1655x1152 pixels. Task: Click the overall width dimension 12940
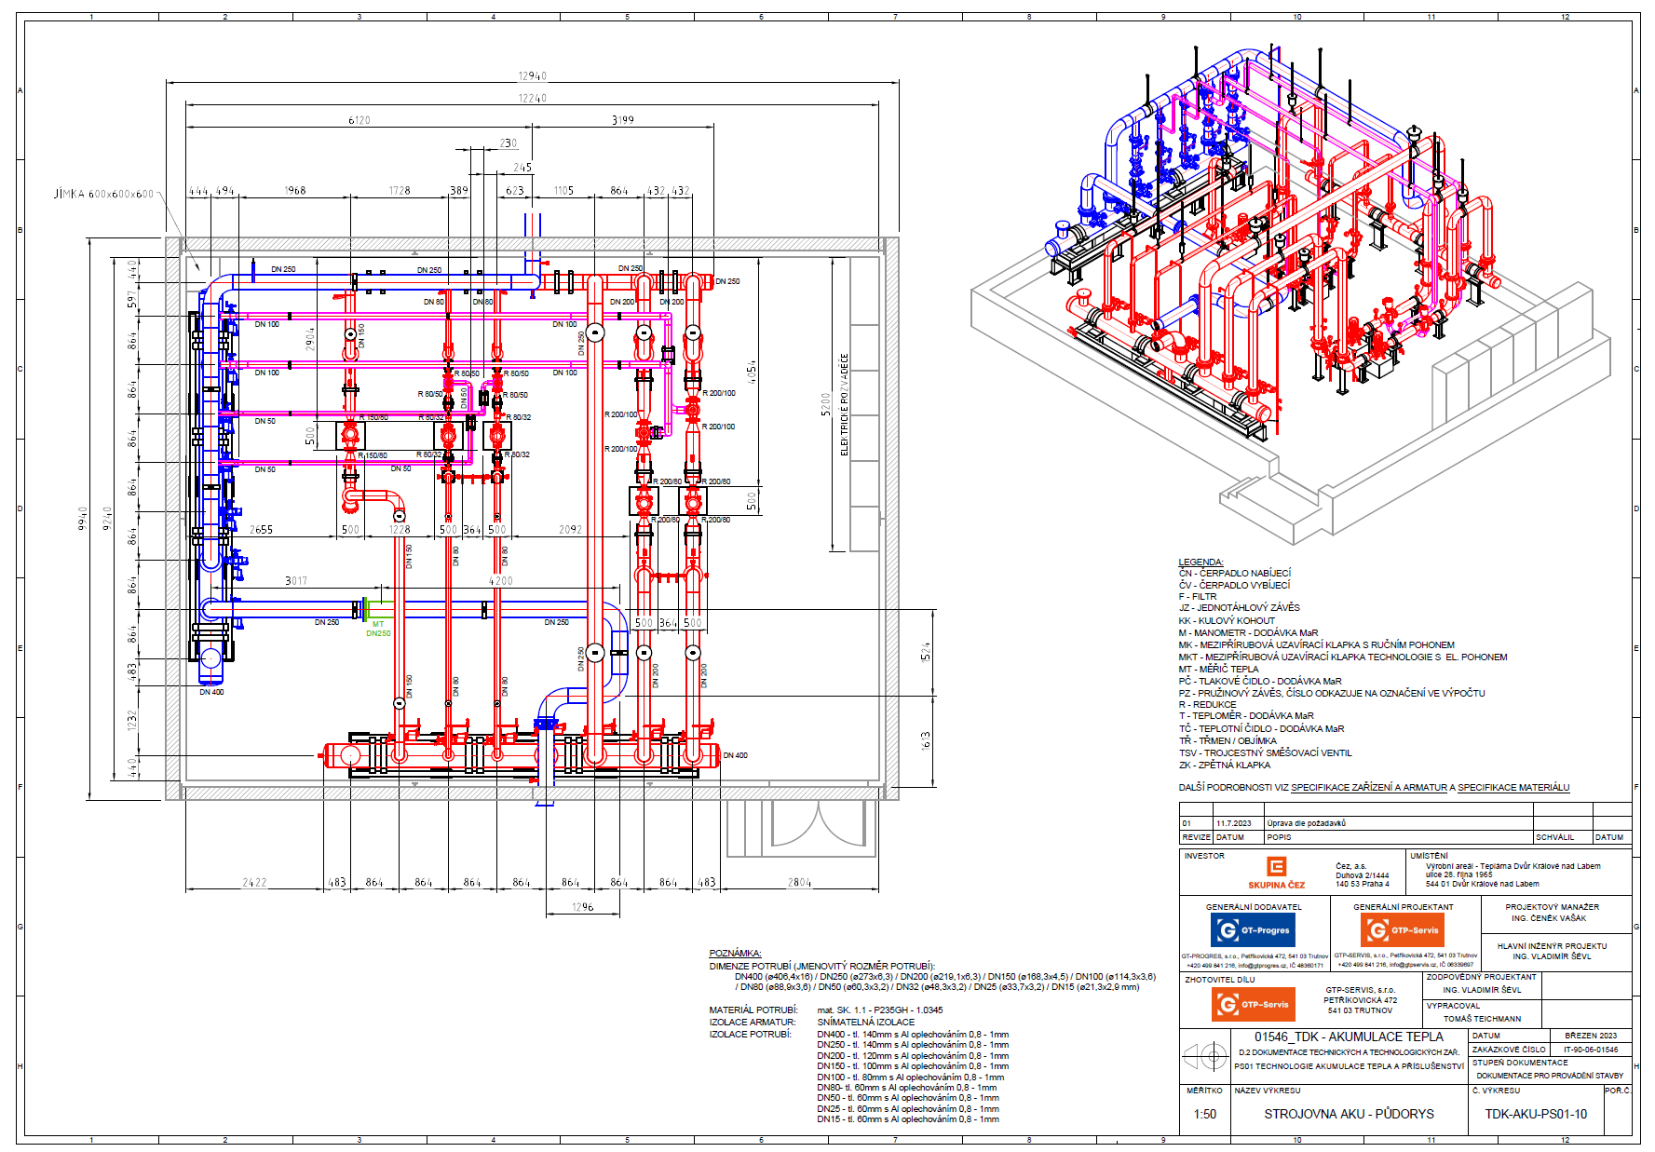point(533,76)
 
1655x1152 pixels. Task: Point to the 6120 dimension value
point(359,120)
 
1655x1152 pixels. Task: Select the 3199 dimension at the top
point(623,119)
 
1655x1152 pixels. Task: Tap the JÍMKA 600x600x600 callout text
point(103,194)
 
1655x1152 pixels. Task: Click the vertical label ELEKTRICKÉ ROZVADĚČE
point(845,405)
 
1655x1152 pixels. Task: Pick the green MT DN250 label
point(378,630)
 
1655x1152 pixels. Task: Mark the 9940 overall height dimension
point(82,519)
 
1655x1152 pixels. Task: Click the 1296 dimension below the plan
point(582,907)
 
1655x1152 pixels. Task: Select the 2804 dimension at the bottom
point(799,882)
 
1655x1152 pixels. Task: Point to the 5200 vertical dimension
point(825,405)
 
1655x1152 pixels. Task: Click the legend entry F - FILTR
point(1198,596)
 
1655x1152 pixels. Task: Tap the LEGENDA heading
point(1201,562)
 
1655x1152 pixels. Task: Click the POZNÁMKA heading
point(735,953)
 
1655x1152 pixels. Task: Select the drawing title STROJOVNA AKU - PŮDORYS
point(1349,1114)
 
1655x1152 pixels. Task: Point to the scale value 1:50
point(1204,1114)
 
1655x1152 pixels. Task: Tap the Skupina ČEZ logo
point(1276,874)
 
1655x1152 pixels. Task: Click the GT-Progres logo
point(1254,929)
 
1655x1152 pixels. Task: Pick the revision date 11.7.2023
point(1233,823)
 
